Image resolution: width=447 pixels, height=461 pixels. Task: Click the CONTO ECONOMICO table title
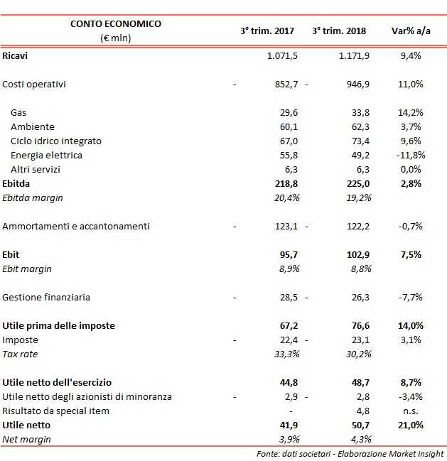coord(116,23)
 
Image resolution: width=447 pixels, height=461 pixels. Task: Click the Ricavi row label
coord(16,55)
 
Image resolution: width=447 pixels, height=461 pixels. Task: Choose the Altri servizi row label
coord(36,169)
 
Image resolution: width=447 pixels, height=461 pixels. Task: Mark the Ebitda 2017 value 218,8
coord(284,183)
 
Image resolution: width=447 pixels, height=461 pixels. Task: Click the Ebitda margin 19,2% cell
coord(357,197)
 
